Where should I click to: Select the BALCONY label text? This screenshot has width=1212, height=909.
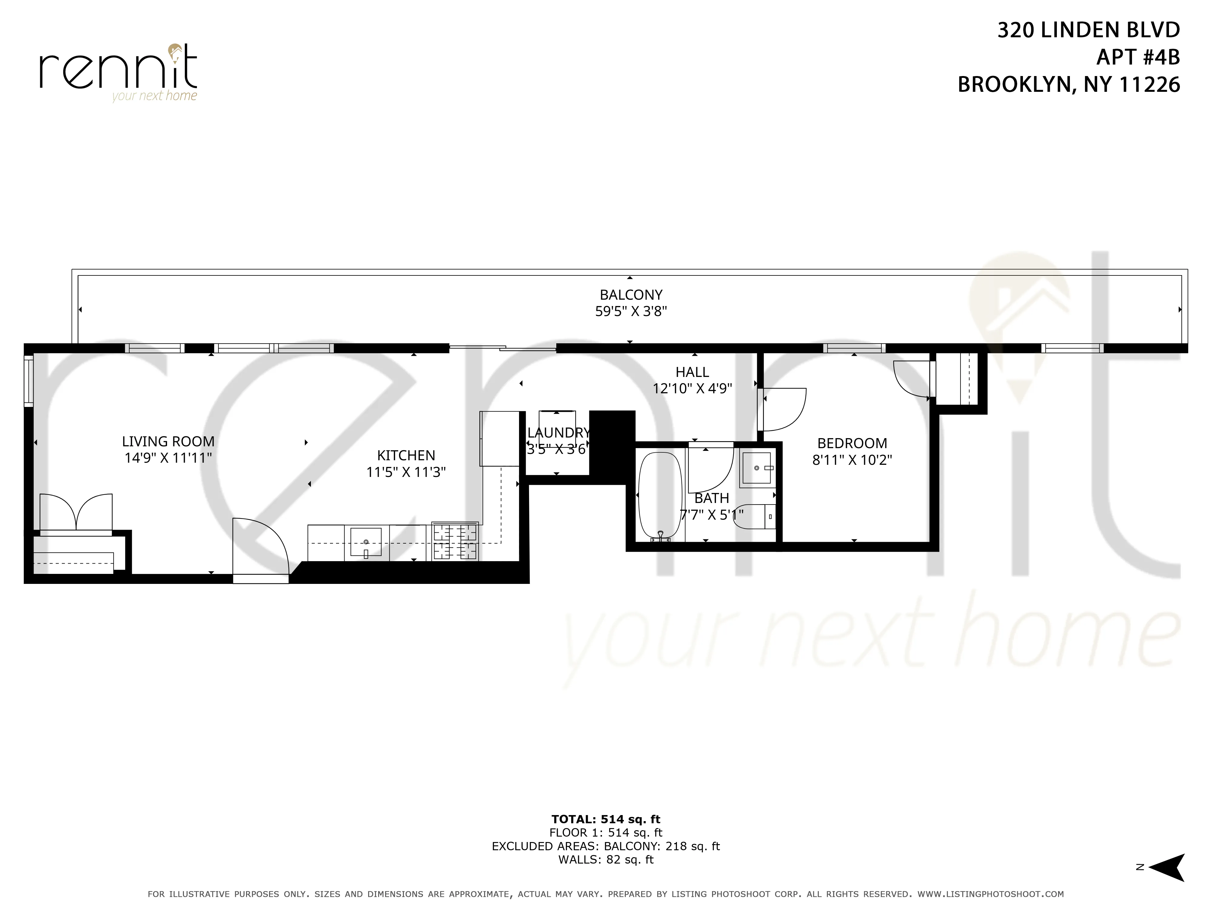point(631,295)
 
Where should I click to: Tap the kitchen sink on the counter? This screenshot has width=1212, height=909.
point(365,542)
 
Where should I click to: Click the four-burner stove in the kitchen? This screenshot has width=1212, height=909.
point(455,542)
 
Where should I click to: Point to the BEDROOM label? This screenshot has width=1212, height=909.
point(851,443)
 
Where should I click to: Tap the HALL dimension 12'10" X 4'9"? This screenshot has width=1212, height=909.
point(692,388)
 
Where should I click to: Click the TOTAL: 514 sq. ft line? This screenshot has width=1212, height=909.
point(605,819)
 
